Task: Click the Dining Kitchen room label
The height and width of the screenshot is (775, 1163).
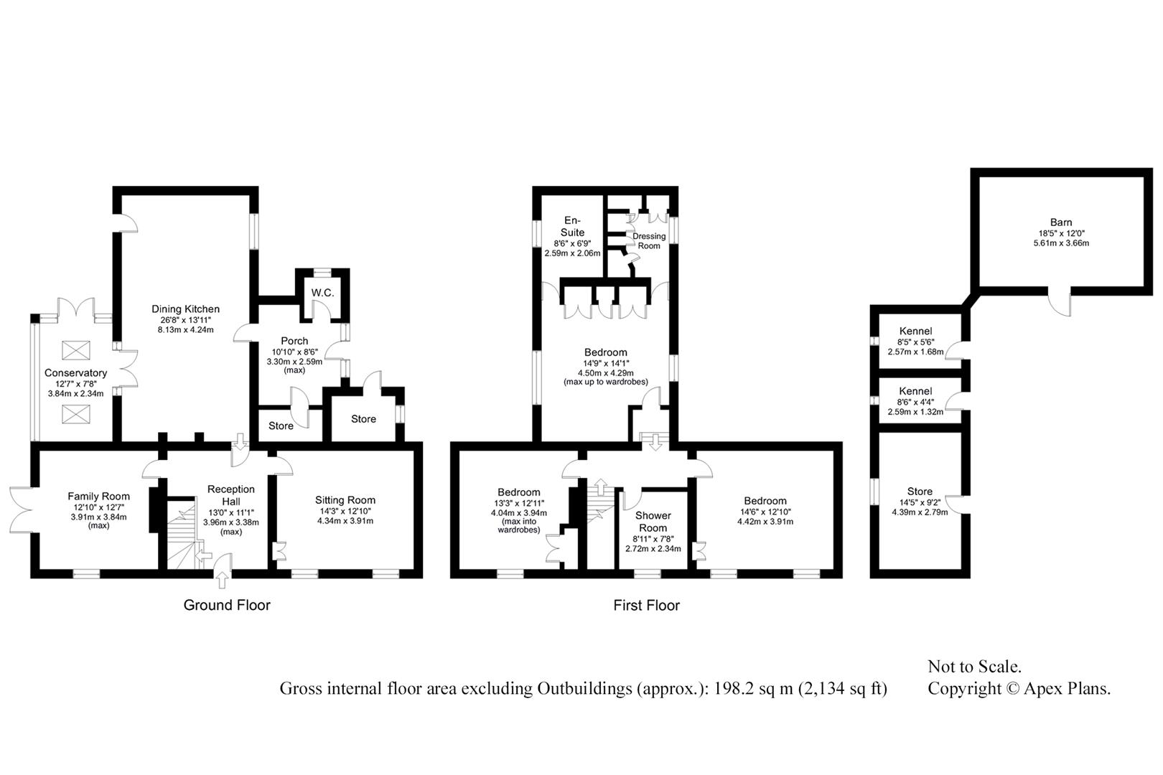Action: [185, 309]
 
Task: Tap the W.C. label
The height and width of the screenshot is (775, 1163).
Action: [322, 293]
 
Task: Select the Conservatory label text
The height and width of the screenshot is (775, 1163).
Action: [76, 372]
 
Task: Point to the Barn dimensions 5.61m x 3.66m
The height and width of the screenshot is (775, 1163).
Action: [1061, 243]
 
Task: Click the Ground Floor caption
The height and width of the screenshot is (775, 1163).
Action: [227, 605]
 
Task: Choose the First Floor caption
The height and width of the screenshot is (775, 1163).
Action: [646, 605]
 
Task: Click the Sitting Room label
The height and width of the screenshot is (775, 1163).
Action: [345, 500]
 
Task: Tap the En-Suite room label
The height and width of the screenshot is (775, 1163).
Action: [572, 226]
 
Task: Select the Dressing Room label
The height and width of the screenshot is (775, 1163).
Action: [649, 241]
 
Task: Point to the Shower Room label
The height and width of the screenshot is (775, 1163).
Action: [653, 522]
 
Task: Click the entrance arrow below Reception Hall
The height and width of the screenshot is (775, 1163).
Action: [223, 580]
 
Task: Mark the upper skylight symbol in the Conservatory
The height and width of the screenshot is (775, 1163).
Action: [76, 350]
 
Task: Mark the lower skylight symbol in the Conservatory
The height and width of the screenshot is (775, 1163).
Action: [76, 415]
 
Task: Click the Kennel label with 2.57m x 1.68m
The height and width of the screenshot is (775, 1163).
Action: [916, 332]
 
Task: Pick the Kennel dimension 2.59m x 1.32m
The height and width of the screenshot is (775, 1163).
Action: [916, 412]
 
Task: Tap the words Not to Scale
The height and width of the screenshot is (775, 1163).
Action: [974, 667]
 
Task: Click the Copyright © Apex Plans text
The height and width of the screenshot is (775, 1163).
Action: [1019, 689]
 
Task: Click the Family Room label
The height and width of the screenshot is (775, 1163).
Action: [98, 497]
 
